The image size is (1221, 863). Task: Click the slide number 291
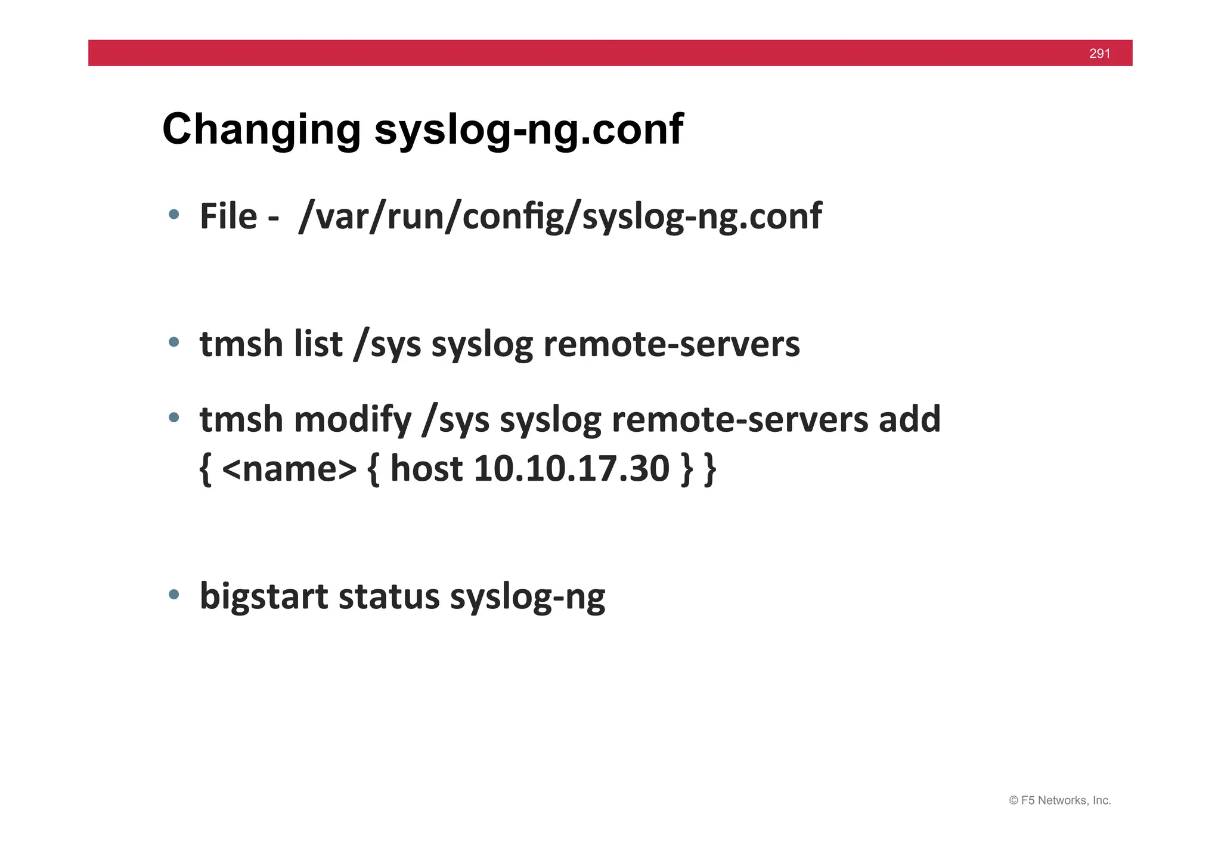pos(1099,54)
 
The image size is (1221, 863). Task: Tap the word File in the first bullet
pos(228,216)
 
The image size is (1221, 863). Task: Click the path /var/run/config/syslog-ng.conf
pos(560,216)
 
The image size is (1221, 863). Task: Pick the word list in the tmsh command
pos(314,344)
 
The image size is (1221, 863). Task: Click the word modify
pos(352,419)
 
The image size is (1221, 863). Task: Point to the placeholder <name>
pos(289,469)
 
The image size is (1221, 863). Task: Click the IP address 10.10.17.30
pos(572,469)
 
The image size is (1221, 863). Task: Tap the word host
pos(426,469)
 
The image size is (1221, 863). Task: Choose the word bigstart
pos(264,596)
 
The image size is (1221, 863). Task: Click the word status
pos(389,596)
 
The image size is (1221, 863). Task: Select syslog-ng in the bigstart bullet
pos(528,596)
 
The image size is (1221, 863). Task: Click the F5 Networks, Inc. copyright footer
pos(1059,800)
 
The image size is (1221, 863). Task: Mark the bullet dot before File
pos(173,215)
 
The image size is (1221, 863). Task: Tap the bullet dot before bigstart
pos(173,594)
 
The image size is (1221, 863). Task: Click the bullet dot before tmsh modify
pos(173,417)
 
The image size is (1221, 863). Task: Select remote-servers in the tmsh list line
pos(671,344)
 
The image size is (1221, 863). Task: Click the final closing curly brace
pos(709,469)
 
